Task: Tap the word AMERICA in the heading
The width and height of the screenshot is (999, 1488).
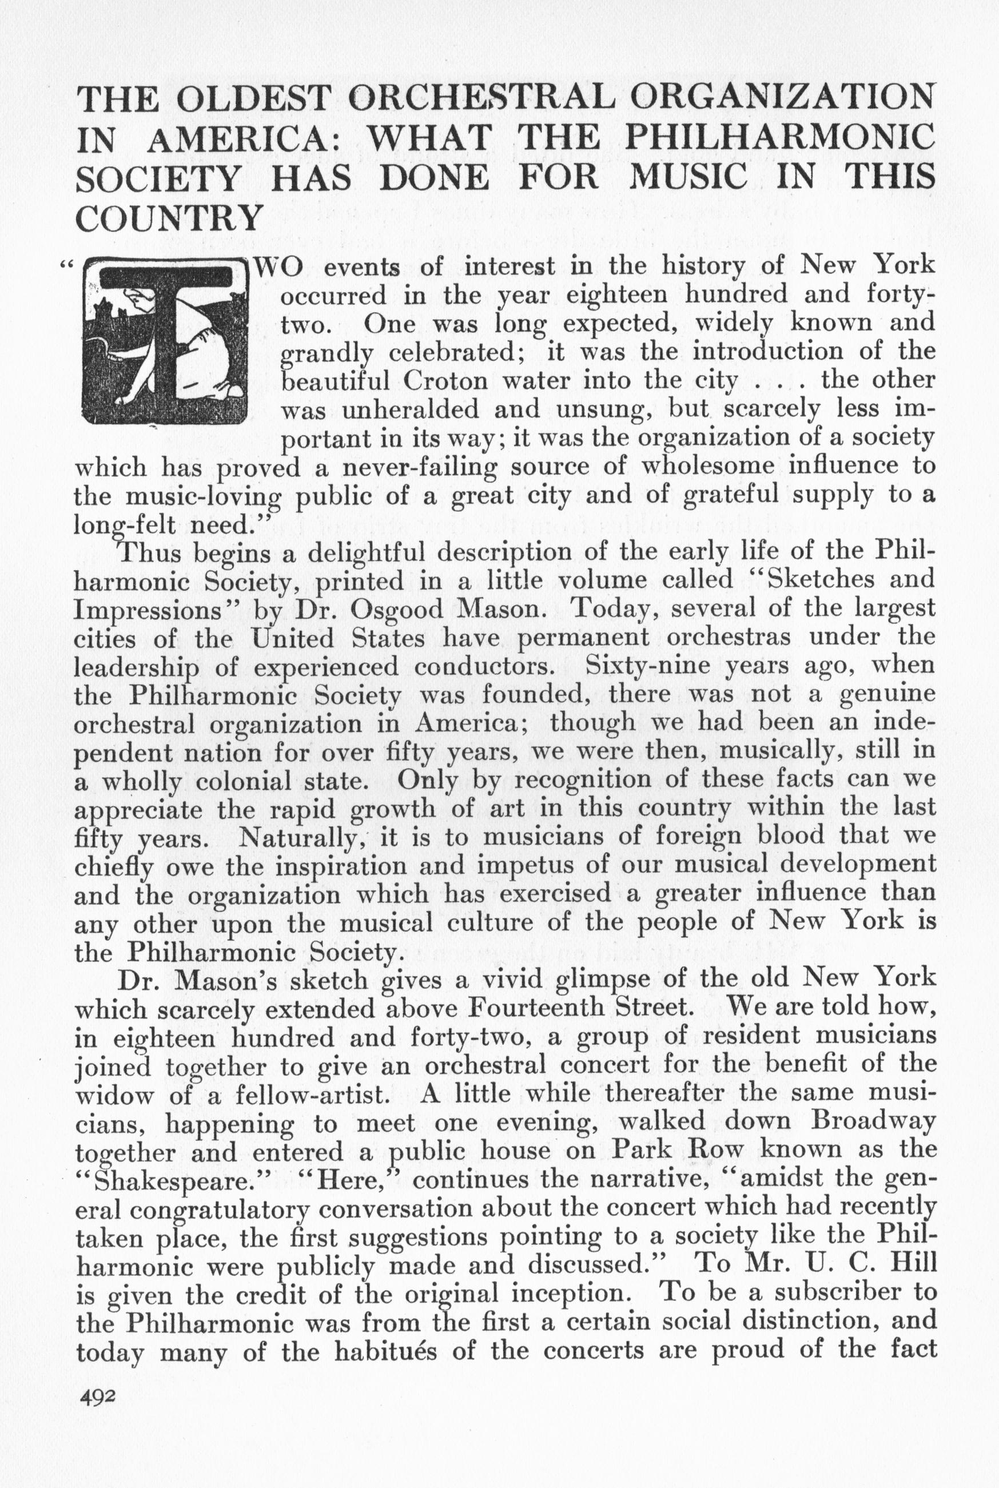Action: pos(242,139)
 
